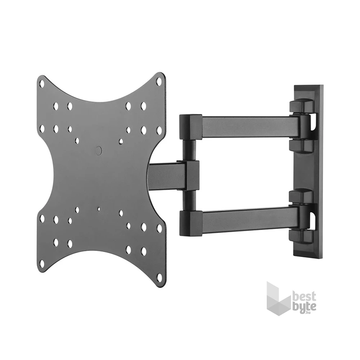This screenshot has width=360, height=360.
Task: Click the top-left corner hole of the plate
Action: click(x=42, y=84)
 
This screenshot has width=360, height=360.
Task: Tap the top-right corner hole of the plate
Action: click(x=159, y=82)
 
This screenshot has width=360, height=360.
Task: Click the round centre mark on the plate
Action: click(x=99, y=150)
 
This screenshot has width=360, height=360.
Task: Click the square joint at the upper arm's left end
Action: click(x=190, y=127)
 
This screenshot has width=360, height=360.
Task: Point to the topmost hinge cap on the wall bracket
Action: click(x=301, y=106)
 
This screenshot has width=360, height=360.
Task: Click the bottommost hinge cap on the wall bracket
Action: click(x=301, y=236)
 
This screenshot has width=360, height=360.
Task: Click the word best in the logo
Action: click(x=304, y=297)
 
